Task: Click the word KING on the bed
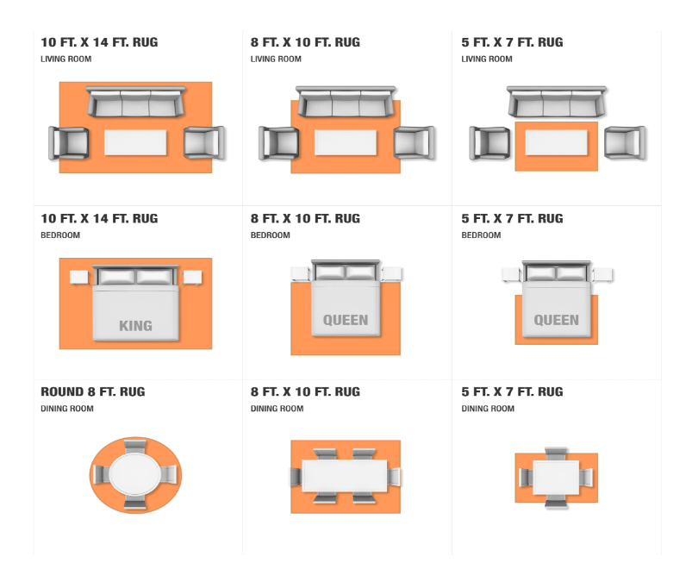[x=135, y=326]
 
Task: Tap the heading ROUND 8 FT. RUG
[x=93, y=391]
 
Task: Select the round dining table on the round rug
[x=135, y=474]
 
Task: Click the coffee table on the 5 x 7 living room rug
[x=556, y=142]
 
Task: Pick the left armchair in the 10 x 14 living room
[x=68, y=142]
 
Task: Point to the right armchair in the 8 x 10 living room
[x=414, y=142]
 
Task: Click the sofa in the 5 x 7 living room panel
[x=557, y=102]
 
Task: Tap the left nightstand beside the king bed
[x=79, y=278]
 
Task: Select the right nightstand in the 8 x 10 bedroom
[x=391, y=274]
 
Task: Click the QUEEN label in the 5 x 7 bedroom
[x=556, y=320]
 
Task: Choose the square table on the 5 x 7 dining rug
[x=556, y=478]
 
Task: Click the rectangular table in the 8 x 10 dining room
[x=345, y=476]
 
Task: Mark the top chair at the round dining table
[x=135, y=447]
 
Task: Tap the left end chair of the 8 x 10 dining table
[x=296, y=477]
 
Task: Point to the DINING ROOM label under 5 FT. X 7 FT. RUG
[x=488, y=409]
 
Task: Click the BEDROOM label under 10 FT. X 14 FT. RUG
[x=60, y=235]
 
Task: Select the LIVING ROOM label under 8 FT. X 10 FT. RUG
[x=276, y=59]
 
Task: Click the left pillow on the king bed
[x=117, y=277]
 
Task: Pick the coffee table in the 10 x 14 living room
[x=135, y=142]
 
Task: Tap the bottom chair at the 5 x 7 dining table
[x=556, y=502]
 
